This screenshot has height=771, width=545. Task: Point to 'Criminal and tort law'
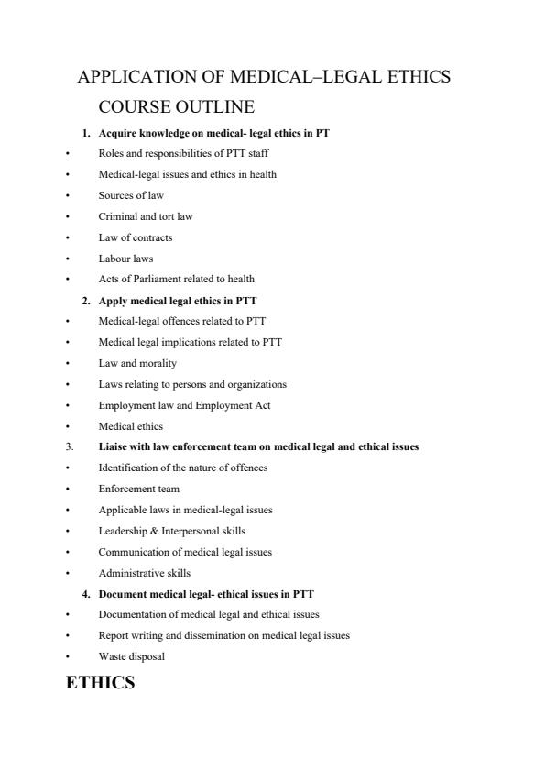145,216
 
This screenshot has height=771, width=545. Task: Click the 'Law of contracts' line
135,237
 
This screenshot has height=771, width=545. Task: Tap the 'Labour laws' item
125,258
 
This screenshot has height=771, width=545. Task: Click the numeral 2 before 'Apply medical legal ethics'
85,300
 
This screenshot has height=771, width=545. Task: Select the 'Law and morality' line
137,363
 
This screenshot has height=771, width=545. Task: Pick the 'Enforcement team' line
138,489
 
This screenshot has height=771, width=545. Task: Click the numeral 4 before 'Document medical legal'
85,594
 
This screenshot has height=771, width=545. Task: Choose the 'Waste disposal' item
132,656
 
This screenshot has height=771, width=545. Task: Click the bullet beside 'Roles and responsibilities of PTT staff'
68,153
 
